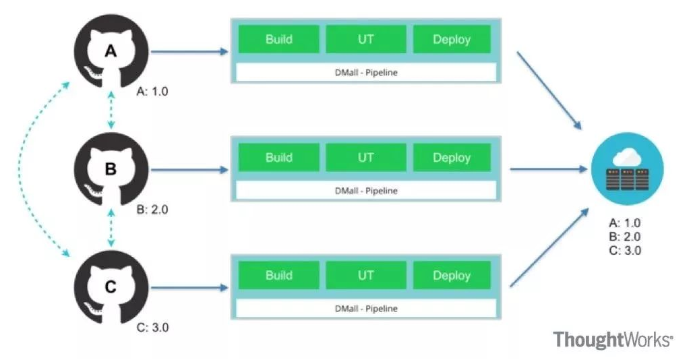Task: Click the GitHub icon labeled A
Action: [111, 51]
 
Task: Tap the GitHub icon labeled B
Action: [111, 169]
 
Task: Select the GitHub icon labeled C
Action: [111, 287]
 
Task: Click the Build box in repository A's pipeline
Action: [279, 39]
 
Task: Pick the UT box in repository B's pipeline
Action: [365, 157]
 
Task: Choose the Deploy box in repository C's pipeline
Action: [452, 275]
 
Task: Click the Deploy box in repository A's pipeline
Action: [452, 39]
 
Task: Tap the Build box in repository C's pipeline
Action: [279, 275]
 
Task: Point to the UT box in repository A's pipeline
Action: [365, 39]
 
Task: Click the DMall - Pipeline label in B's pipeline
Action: [366, 191]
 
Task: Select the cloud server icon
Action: [628, 169]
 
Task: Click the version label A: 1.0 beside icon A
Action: [152, 92]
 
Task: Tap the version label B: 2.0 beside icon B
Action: [152, 210]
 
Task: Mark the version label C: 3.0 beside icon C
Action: [152, 328]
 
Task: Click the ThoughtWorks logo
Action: [613, 340]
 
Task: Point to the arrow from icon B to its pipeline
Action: [189, 170]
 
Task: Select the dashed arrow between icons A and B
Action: [111, 110]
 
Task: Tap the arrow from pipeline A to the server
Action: [549, 90]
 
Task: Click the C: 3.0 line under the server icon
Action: [625, 251]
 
